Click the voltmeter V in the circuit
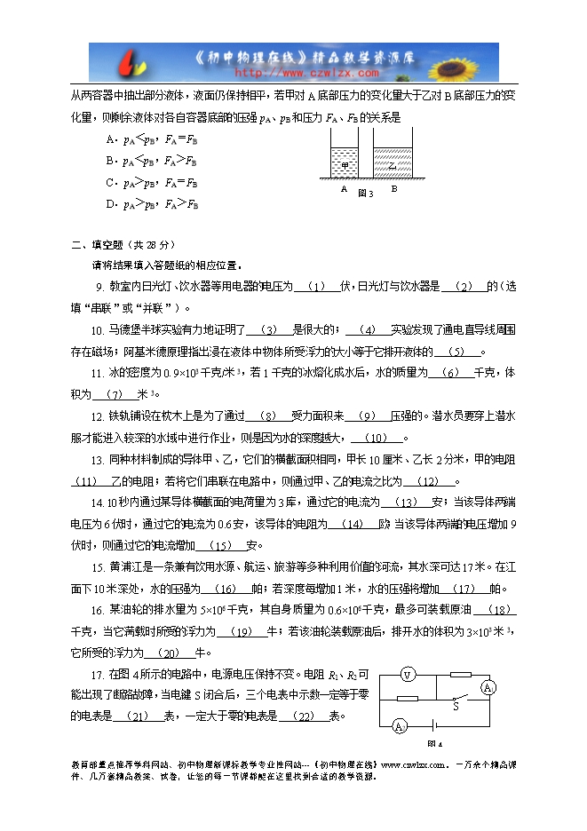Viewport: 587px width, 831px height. click(407, 676)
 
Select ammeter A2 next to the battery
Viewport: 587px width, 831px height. click(400, 726)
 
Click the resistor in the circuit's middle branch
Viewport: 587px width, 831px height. click(408, 698)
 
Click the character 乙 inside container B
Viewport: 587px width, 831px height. click(391, 165)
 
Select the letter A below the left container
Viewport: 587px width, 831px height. click(343, 189)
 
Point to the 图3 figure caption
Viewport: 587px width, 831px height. click(365, 192)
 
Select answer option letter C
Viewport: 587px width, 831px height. click(109, 183)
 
